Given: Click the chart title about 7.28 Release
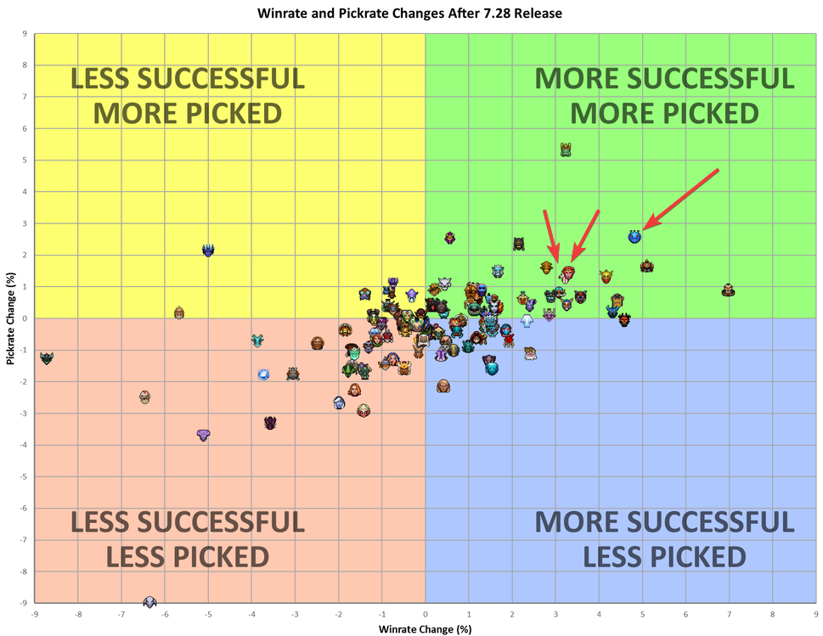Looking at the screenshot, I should (410, 14).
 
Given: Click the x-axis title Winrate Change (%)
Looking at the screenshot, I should (425, 628).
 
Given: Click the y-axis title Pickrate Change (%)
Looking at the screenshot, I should (9, 318).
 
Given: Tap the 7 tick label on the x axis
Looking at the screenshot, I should (729, 612).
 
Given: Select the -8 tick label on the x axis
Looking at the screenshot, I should (78, 612).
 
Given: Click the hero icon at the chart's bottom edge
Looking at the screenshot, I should (150, 601).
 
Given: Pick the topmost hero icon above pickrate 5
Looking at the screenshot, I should (566, 149).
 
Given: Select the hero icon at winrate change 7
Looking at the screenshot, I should (728, 290).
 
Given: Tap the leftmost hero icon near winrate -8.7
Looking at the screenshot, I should (47, 358).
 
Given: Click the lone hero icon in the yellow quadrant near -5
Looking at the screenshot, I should (208, 250).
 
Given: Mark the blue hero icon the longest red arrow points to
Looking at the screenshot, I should (634, 236).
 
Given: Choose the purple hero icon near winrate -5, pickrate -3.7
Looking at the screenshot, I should (203, 435).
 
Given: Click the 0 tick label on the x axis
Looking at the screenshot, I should (425, 612).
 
